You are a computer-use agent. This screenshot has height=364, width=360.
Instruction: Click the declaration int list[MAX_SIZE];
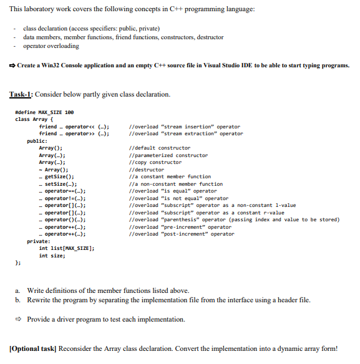pos(66,248)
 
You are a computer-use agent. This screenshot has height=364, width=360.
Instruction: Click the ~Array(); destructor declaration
pos(53,170)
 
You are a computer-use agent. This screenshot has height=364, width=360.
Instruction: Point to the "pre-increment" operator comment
pos(179,227)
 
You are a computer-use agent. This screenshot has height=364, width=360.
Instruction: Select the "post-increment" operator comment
pos(180,234)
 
